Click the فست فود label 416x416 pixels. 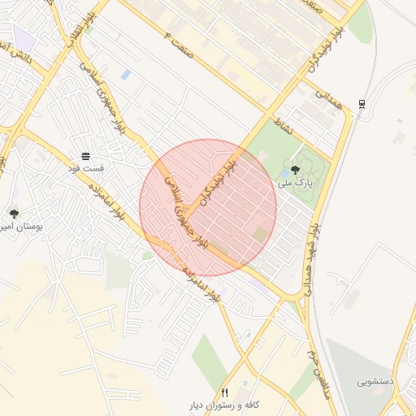(85, 167)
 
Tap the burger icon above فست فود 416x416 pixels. (85, 155)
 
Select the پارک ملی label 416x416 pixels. (294, 184)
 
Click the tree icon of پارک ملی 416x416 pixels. (294, 171)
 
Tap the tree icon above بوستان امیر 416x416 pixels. (14, 214)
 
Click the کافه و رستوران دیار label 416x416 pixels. (224, 404)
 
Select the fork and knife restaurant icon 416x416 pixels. (224, 392)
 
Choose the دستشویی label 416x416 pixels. (375, 381)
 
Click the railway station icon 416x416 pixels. (362, 103)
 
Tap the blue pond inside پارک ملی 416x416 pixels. (285, 173)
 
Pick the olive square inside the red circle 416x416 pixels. (260, 234)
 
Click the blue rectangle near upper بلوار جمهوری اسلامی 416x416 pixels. (125, 74)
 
